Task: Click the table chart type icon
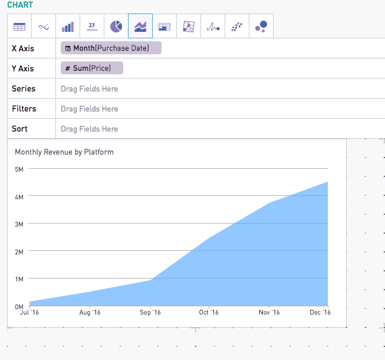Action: pyautogui.click(x=19, y=27)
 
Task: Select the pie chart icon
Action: pyautogui.click(x=116, y=27)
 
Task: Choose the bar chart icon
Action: pyautogui.click(x=68, y=27)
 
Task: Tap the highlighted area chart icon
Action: pyautogui.click(x=140, y=27)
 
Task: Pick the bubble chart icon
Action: pyautogui.click(x=261, y=27)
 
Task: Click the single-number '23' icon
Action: pyautogui.click(x=92, y=26)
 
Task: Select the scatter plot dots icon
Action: pyautogui.click(x=237, y=27)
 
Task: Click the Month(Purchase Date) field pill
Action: pyautogui.click(x=111, y=48)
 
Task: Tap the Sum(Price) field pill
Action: pyautogui.click(x=92, y=68)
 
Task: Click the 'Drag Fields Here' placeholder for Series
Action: pyautogui.click(x=90, y=89)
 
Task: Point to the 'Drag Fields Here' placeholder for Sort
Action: pyautogui.click(x=90, y=129)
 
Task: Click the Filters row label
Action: pyautogui.click(x=24, y=109)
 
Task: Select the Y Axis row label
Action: pyautogui.click(x=23, y=68)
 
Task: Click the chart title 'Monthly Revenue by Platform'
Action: pyautogui.click(x=64, y=152)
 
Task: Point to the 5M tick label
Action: pyautogui.click(x=19, y=169)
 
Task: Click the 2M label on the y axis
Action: pyautogui.click(x=19, y=252)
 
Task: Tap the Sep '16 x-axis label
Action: pyautogui.click(x=150, y=312)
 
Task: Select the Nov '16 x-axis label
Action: pyautogui.click(x=269, y=312)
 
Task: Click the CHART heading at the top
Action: pyautogui.click(x=20, y=5)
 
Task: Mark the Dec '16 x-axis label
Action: pyautogui.click(x=320, y=312)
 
